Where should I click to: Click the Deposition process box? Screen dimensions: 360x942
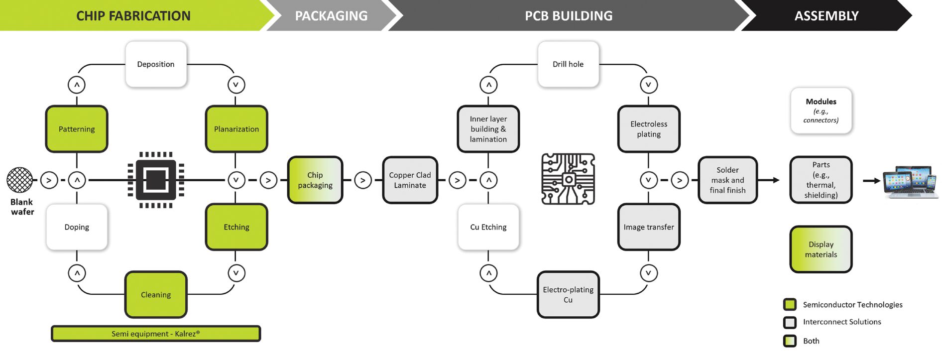coord(156,64)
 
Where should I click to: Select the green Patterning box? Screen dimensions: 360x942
coord(77,129)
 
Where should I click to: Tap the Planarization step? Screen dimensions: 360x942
coord(236,129)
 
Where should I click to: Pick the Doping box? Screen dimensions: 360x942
coord(77,227)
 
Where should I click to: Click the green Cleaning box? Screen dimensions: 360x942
coord(156,295)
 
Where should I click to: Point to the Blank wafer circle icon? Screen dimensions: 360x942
coord(20,180)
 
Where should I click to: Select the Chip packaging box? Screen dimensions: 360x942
coord(315,180)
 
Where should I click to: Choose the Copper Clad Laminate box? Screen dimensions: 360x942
coord(410,180)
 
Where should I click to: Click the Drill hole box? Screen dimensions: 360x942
coord(568,64)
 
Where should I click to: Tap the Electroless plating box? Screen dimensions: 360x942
coord(649,129)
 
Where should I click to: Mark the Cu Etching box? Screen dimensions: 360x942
coord(488,227)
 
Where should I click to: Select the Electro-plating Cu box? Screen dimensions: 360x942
coord(568,295)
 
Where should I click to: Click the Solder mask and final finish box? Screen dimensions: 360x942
coord(727,180)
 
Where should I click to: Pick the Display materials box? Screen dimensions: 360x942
coord(821,249)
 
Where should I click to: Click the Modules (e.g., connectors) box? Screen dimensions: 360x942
coord(821,111)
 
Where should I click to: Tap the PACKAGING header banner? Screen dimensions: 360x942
coord(331,16)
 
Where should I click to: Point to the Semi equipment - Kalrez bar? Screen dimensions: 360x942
coord(156,334)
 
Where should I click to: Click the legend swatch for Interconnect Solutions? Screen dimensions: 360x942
coord(790,322)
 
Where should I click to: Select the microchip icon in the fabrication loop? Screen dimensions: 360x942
coord(156,180)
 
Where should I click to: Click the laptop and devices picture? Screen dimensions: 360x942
coord(910,182)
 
